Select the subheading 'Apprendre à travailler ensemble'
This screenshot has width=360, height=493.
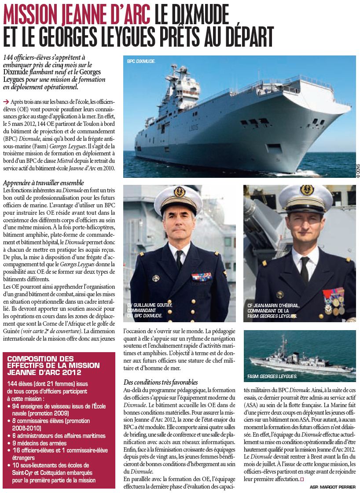pyautogui.click(x=43, y=183)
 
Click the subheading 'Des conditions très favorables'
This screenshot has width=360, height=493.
pyautogui.click(x=160, y=382)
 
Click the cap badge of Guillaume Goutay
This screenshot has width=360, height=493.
pyautogui.click(x=180, y=192)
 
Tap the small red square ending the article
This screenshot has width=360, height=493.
pyautogui.click(x=302, y=479)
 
